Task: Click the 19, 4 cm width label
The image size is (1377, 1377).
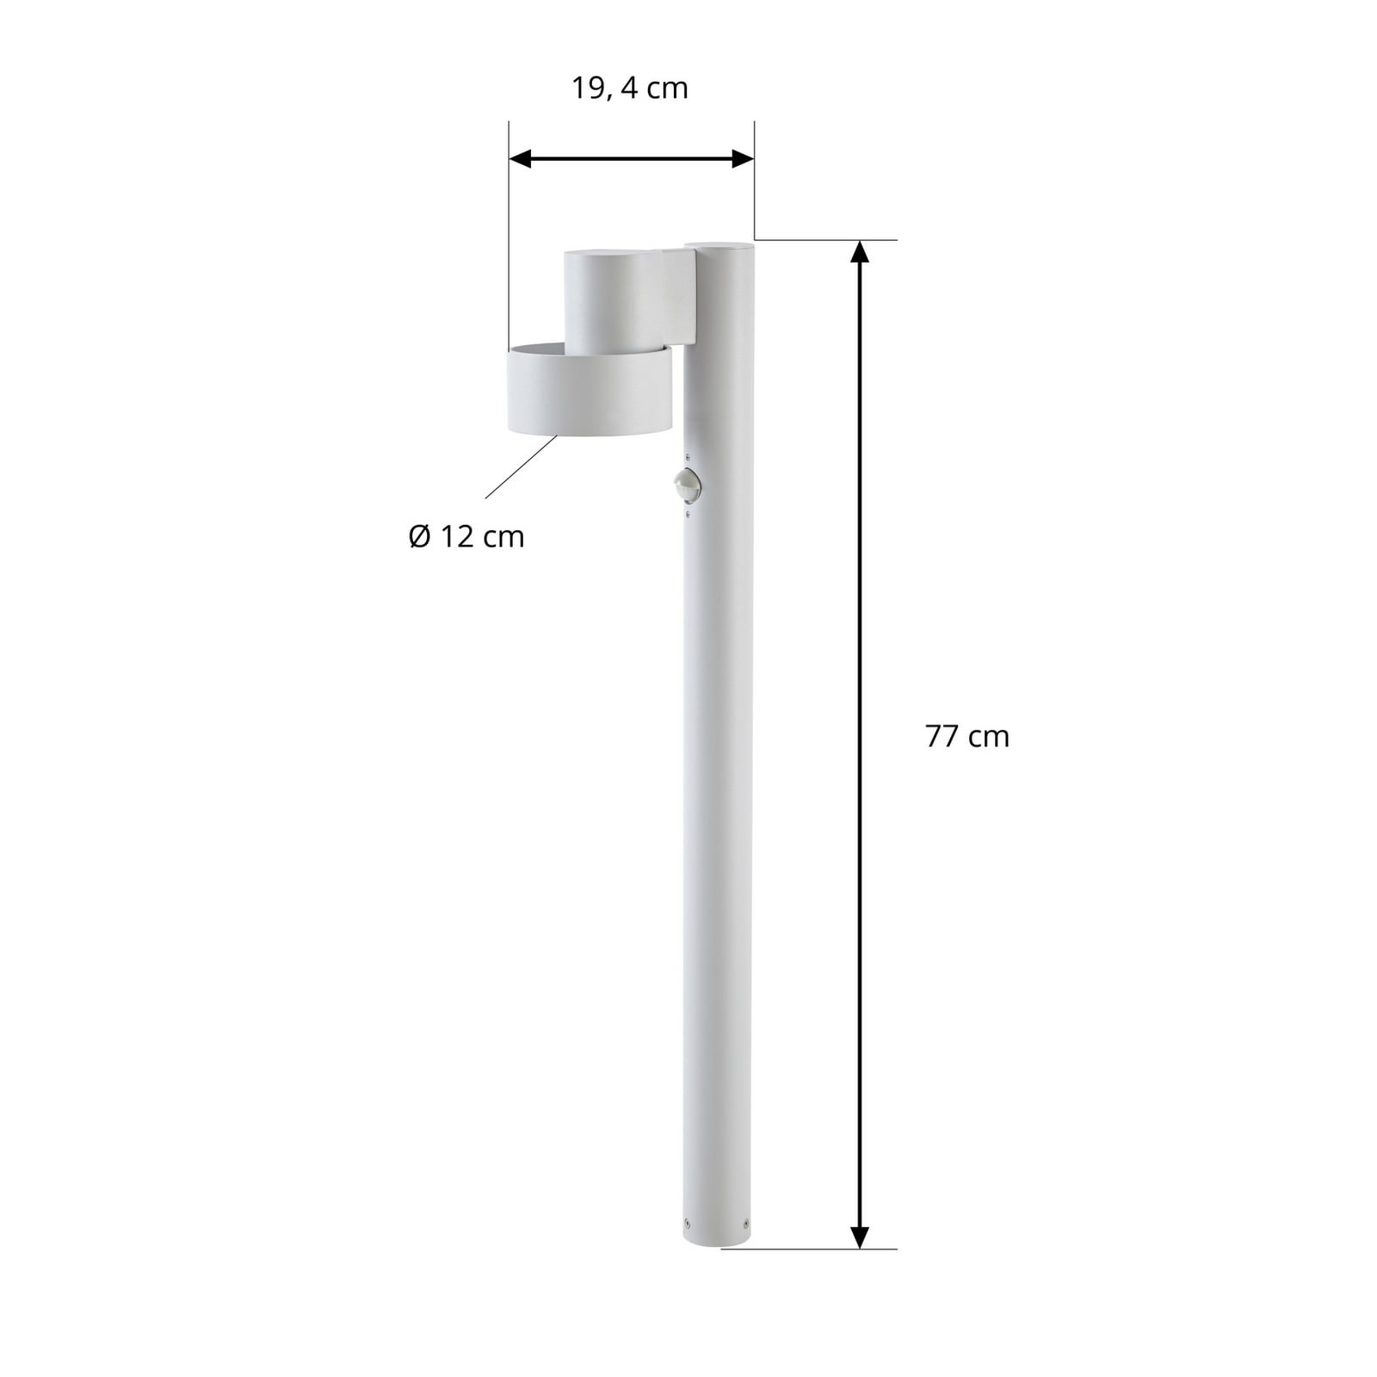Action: click(x=630, y=89)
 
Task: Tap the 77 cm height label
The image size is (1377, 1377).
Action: click(x=966, y=737)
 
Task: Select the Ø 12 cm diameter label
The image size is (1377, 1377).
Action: click(x=466, y=537)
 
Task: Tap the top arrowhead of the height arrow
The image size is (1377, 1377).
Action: click(x=859, y=252)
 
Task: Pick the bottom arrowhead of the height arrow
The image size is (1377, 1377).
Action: click(x=859, y=1237)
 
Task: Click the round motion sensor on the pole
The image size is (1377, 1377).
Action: click(x=686, y=485)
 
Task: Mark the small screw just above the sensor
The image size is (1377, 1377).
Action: click(x=688, y=457)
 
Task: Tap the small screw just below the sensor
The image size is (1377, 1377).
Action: click(x=688, y=514)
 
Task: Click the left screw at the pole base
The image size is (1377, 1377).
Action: click(x=686, y=1222)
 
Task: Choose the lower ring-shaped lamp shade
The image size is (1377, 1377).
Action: click(x=589, y=392)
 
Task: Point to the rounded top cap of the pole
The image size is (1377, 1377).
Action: click(x=719, y=246)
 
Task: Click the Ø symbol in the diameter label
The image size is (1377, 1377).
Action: click(x=419, y=537)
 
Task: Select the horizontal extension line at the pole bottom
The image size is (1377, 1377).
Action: click(x=809, y=1249)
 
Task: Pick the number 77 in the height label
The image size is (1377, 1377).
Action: click(x=942, y=737)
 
